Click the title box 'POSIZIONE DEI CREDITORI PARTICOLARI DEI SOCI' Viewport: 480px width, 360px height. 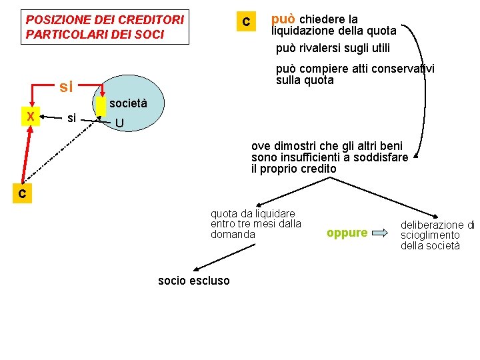pyautogui.click(x=105, y=27)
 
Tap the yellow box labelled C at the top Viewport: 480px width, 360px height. pyautogui.click(x=246, y=22)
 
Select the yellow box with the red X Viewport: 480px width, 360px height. pyautogui.click(x=30, y=116)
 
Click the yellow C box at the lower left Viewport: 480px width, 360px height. pyautogui.click(x=22, y=194)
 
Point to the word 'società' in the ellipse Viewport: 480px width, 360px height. pyautogui.click(x=127, y=103)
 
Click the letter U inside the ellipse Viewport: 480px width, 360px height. pyautogui.click(x=119, y=123)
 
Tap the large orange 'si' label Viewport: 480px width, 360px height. pyautogui.click(x=66, y=87)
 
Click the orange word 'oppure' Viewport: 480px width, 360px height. pyautogui.click(x=347, y=233)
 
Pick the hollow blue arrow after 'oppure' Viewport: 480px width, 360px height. pyautogui.click(x=380, y=233)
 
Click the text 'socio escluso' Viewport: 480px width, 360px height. pyautogui.click(x=193, y=281)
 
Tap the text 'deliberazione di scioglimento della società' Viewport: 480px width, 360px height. pyautogui.click(x=437, y=235)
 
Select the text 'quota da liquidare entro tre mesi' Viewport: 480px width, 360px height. pyautogui.click(x=256, y=224)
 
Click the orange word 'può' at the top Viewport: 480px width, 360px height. pyautogui.click(x=283, y=19)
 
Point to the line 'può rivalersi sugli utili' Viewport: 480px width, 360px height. pyautogui.click(x=333, y=48)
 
